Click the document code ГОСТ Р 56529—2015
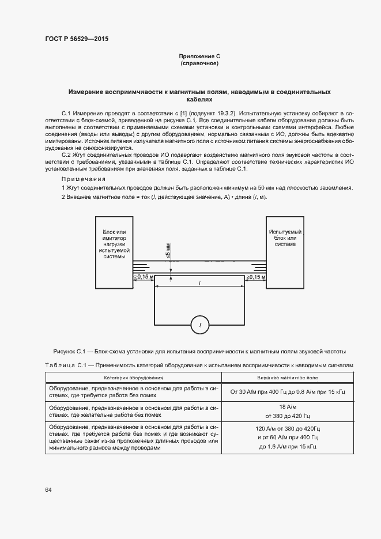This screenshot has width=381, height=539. tap(77, 39)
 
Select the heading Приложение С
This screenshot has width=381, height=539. tap(199, 56)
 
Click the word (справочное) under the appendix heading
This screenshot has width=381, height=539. tap(199, 63)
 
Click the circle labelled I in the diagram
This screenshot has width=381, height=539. tap(200, 326)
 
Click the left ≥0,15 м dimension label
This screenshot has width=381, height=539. tap(143, 277)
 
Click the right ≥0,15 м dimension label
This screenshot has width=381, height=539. tap(256, 277)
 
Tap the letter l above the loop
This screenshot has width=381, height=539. tap(199, 283)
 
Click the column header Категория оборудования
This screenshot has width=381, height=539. tap(133, 378)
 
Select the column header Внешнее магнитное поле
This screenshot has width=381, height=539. tap(287, 378)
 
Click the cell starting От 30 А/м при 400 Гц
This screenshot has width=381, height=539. tap(287, 392)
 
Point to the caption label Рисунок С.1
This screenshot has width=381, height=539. tap(69, 351)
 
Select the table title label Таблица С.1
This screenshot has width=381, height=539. tap(65, 365)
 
